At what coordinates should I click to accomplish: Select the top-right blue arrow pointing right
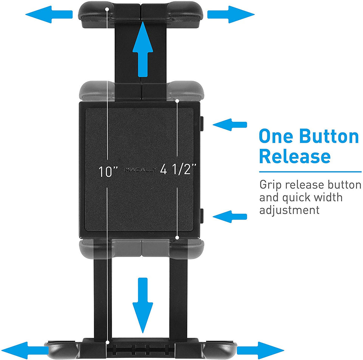[231, 14]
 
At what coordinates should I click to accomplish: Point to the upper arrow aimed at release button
[230, 125]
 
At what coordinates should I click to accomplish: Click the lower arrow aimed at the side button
[230, 216]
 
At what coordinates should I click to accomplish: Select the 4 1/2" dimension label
[179, 169]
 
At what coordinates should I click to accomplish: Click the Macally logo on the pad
[140, 170]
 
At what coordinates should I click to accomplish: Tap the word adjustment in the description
[289, 209]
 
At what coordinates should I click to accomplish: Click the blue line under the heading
[310, 172]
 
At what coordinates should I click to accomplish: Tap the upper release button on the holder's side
[202, 124]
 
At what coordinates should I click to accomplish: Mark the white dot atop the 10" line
[107, 8]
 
